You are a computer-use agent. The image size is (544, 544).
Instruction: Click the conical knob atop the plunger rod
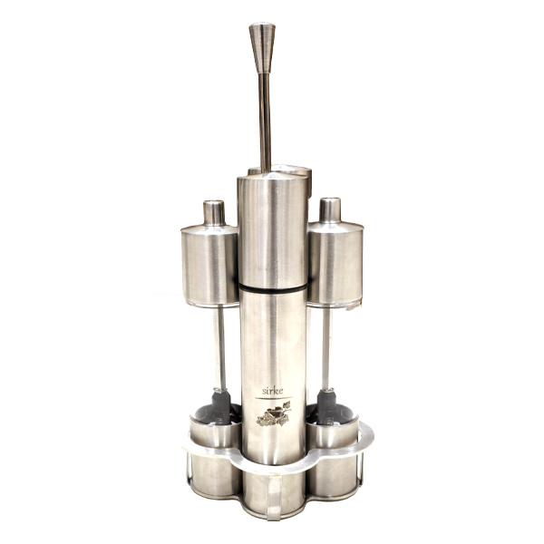262,48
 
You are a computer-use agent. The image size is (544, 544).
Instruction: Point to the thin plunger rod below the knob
266,122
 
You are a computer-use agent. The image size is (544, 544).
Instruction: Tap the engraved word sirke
272,391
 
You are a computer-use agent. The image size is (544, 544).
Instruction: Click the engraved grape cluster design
274,413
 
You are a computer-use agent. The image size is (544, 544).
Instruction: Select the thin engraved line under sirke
274,398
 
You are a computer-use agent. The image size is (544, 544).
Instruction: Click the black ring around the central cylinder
273,287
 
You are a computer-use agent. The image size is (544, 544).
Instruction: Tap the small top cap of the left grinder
214,212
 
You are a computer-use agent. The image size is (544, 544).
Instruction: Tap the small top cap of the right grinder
330,210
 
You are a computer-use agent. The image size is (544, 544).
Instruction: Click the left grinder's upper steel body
210,266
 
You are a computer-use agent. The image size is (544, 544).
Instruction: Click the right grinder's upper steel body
335,264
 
